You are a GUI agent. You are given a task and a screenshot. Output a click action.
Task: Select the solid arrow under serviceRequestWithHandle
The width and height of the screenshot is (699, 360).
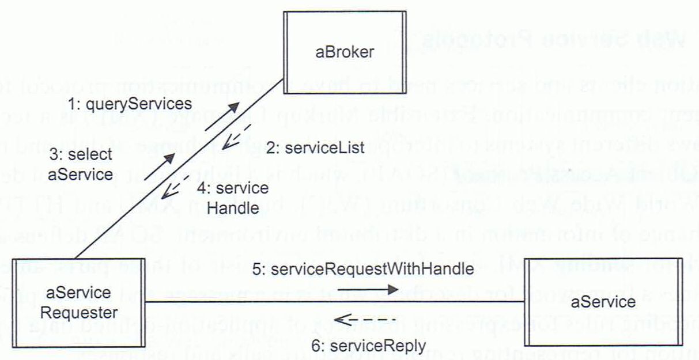(x=368, y=289)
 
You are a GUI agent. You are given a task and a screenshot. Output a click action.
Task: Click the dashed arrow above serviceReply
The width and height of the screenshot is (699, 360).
(x=365, y=319)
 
